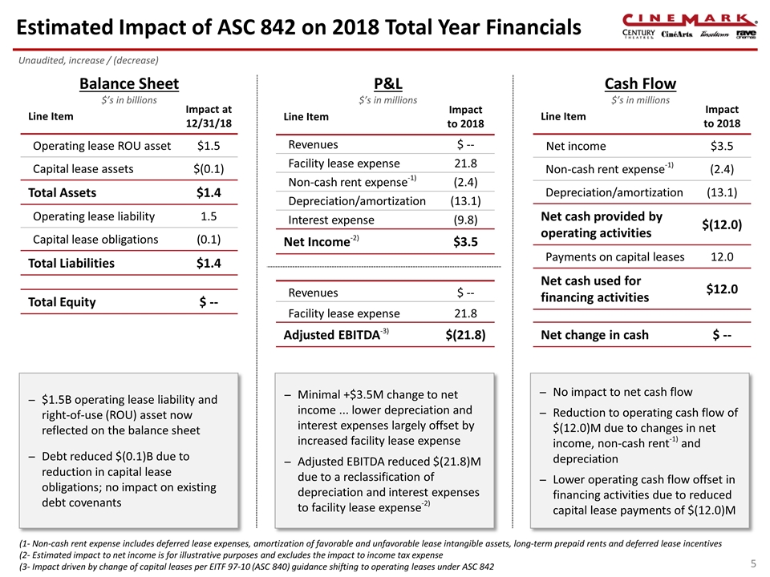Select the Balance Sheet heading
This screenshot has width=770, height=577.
[x=128, y=83]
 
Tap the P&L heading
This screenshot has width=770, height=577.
[x=388, y=83]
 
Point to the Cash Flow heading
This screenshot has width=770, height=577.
[x=639, y=83]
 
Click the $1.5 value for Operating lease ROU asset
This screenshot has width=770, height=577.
[x=208, y=146]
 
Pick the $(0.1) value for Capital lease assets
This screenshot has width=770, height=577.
[x=208, y=169]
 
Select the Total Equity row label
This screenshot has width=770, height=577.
[x=62, y=302]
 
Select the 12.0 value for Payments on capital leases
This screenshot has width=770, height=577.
[x=721, y=256]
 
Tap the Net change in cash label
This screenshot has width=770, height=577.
[x=595, y=335]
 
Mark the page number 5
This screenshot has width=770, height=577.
[x=752, y=563]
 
